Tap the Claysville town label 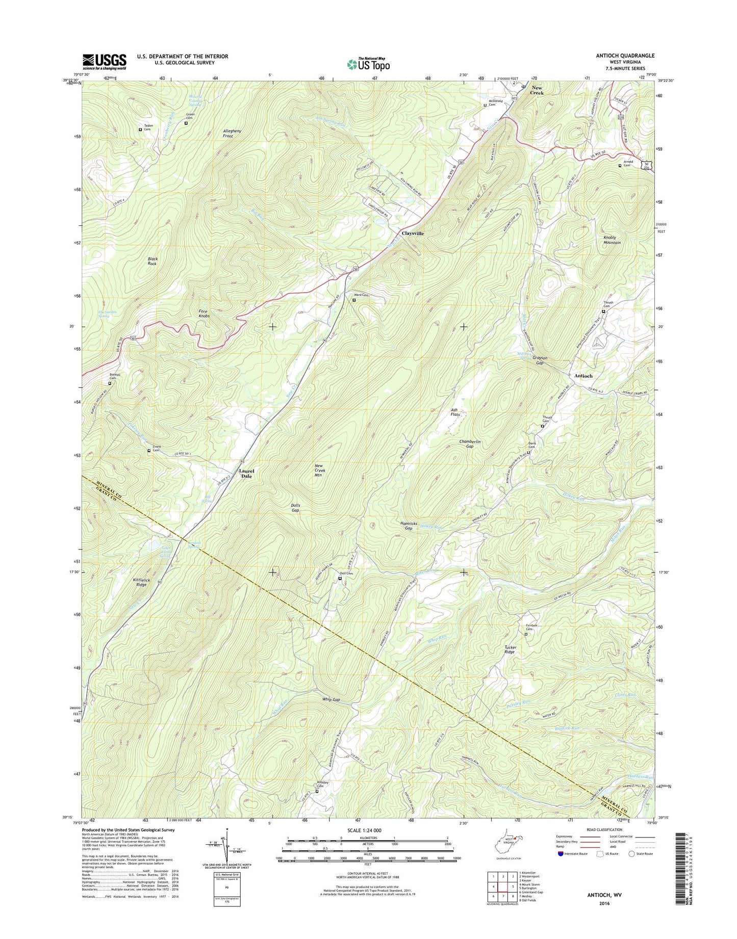(x=413, y=233)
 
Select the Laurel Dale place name (x=246, y=473)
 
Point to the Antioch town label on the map (x=583, y=376)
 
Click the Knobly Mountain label (x=612, y=240)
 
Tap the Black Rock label (x=153, y=261)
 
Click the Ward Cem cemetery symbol (x=354, y=300)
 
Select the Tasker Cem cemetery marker (x=140, y=129)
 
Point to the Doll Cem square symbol (x=340, y=578)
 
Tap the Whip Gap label (x=331, y=700)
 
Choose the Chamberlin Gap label (x=470, y=444)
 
